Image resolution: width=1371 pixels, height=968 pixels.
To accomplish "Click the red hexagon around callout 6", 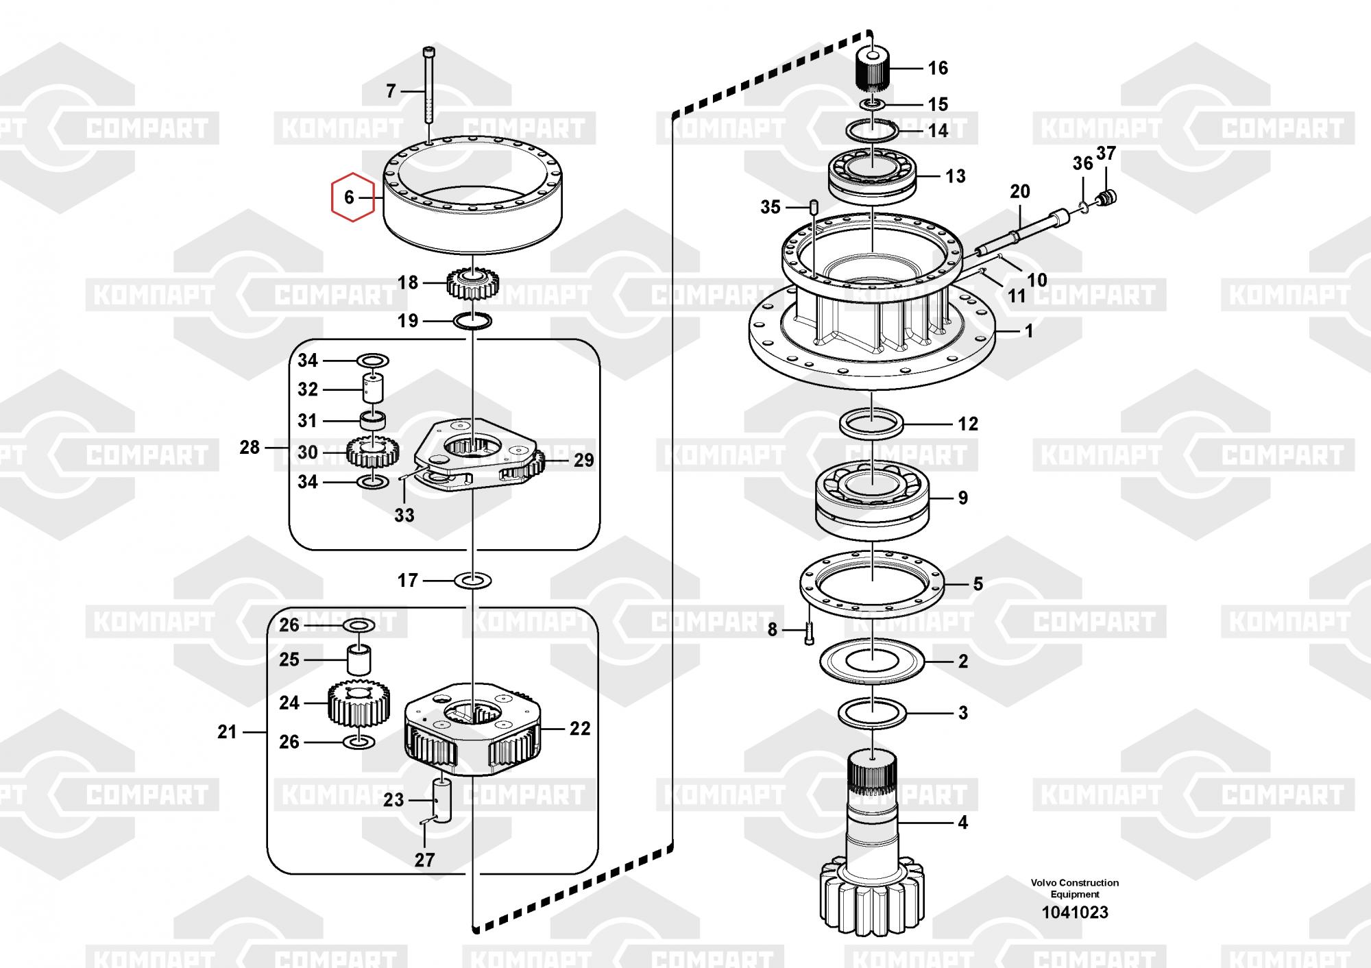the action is (x=332, y=197).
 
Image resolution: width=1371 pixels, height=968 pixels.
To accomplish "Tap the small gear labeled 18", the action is (x=474, y=282).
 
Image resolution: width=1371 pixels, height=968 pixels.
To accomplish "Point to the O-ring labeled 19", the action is (x=473, y=320).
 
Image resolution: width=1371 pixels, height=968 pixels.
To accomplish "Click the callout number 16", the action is (x=938, y=68).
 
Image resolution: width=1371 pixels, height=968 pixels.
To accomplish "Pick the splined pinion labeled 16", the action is (x=873, y=69).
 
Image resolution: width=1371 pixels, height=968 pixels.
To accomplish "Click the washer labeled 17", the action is (x=473, y=581).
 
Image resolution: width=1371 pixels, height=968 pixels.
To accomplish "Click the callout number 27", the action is (x=425, y=860).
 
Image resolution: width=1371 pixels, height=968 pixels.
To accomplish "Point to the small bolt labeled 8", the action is (x=809, y=631).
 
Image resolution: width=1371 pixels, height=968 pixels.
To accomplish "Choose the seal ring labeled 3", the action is (x=873, y=714).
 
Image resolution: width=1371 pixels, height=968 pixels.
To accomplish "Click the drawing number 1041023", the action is (x=1075, y=912).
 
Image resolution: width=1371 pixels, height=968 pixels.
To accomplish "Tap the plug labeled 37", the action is (x=1108, y=198).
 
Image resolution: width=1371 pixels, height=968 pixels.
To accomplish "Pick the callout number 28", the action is (x=250, y=448).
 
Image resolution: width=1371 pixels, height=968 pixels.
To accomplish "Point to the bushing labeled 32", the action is (x=372, y=388).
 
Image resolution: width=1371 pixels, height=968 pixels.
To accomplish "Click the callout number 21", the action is (x=227, y=732).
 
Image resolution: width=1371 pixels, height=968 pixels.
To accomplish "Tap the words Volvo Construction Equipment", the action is (x=1075, y=888).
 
